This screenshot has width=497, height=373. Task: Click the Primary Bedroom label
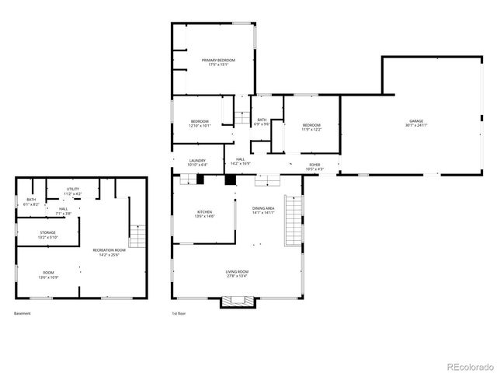coord(218,62)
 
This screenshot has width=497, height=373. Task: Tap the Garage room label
coord(416,123)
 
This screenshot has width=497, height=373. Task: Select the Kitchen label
coord(204,214)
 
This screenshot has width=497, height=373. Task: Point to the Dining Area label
coord(263,211)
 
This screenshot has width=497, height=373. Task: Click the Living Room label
coord(236,273)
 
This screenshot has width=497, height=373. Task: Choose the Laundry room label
coord(196,162)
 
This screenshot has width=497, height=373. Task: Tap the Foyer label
coord(315,166)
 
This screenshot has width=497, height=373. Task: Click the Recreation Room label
coord(109,252)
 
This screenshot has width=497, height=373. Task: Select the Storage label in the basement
coord(48,235)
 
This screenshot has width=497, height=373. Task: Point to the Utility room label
coord(73,191)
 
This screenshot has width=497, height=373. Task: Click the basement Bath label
coord(31,202)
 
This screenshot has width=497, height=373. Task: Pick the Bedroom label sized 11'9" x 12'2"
coord(311,127)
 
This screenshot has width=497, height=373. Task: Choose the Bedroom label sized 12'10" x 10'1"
coord(200,123)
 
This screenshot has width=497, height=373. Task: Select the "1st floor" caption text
coord(179,314)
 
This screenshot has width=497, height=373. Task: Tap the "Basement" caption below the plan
coord(23,314)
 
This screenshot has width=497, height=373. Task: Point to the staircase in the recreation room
coord(137,235)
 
